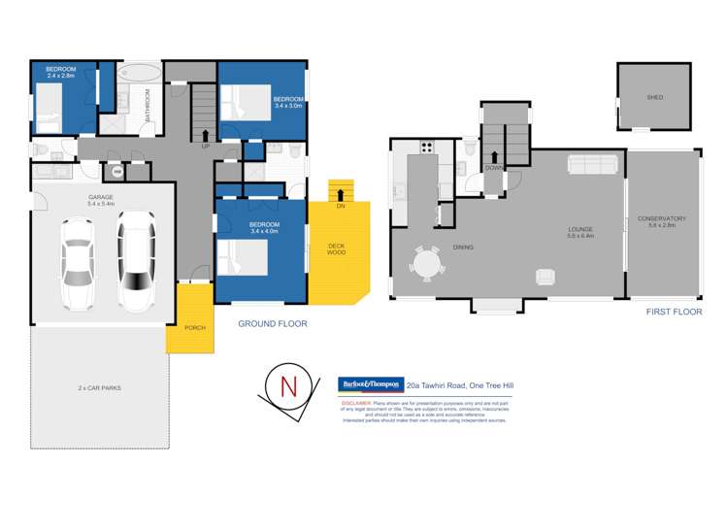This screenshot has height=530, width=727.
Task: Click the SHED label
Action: point(655,98)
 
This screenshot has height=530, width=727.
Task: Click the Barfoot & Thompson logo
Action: point(370,384)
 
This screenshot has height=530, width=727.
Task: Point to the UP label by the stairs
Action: point(205,147)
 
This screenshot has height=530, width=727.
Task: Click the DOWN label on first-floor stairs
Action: point(493,167)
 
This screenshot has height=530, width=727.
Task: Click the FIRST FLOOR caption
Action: point(674,314)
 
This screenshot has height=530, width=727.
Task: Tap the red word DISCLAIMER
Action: point(358,400)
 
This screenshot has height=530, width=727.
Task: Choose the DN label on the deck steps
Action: point(341,206)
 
